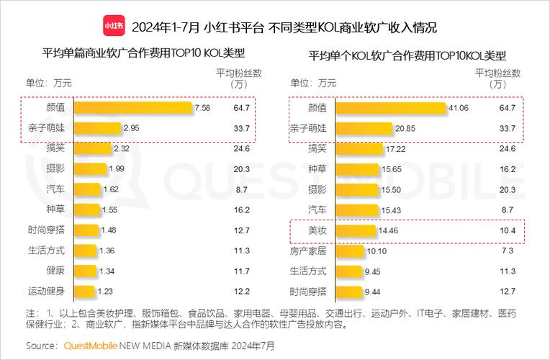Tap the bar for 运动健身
(x=85, y=292)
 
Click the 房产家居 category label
(x=307, y=251)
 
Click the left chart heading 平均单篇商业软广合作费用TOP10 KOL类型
(x=144, y=54)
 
